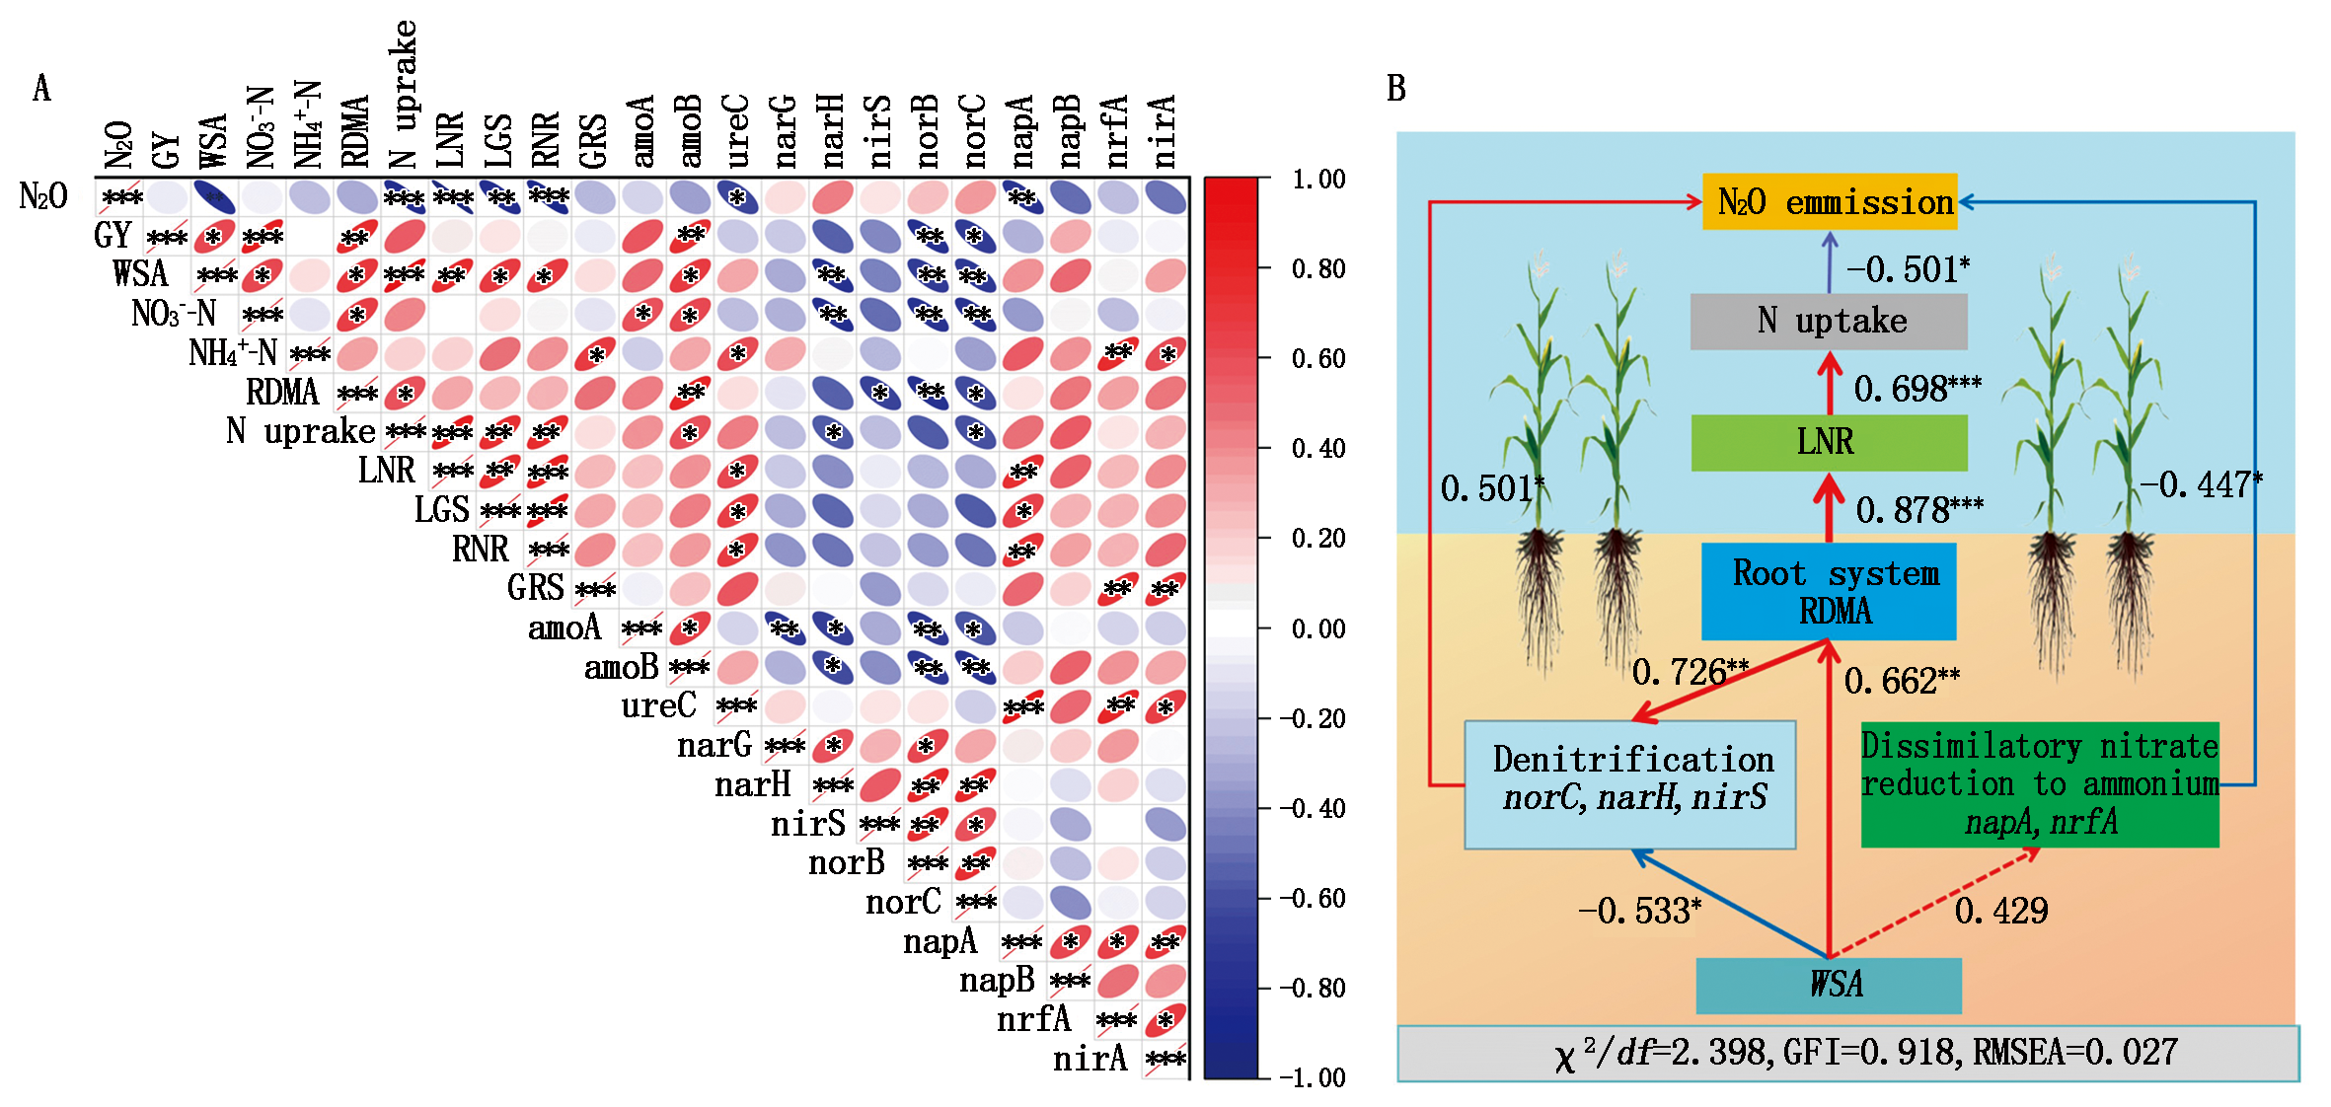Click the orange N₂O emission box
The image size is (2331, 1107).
[x=1830, y=202]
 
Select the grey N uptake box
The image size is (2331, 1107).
[x=1829, y=322]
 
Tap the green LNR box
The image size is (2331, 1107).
[x=1829, y=442]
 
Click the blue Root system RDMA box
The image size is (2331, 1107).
[x=1829, y=592]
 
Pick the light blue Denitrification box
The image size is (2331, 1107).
[x=1630, y=784]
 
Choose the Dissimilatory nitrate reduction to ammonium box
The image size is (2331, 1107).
[x=2040, y=784]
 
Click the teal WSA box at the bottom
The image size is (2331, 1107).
[x=1829, y=986]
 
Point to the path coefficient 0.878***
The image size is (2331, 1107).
[x=1919, y=510]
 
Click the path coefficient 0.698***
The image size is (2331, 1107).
[x=1917, y=389]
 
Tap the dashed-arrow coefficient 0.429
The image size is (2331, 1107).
[x=2001, y=911]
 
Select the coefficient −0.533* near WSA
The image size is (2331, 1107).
[x=1639, y=911]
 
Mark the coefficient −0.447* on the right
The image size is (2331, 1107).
[x=2201, y=484]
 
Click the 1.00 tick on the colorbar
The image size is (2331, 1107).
[x=1318, y=180]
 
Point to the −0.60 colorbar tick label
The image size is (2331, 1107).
[x=1313, y=898]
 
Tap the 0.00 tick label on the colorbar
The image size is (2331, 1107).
[x=1318, y=628]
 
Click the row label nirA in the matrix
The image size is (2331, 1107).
[x=1090, y=1059]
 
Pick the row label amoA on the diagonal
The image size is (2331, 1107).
[x=564, y=627]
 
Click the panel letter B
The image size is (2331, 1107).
[x=1395, y=89]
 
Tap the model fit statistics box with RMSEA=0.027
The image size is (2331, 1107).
[x=1848, y=1053]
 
